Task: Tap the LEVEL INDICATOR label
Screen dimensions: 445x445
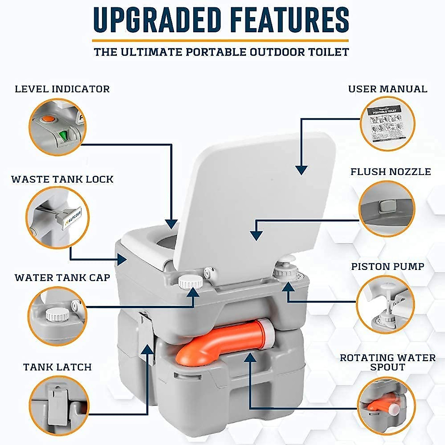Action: click(x=62, y=89)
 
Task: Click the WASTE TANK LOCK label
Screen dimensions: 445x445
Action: click(x=62, y=179)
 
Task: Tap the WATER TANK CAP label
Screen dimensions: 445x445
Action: click(x=62, y=278)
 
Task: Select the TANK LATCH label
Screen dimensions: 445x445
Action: click(x=57, y=367)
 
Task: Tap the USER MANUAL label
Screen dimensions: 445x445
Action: click(x=388, y=89)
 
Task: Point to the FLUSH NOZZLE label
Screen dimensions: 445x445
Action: click(x=390, y=172)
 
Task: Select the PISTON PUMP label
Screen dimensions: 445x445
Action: click(x=388, y=267)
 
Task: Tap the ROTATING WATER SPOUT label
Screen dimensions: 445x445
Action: click(x=388, y=362)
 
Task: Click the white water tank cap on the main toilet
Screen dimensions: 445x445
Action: click(x=190, y=282)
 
